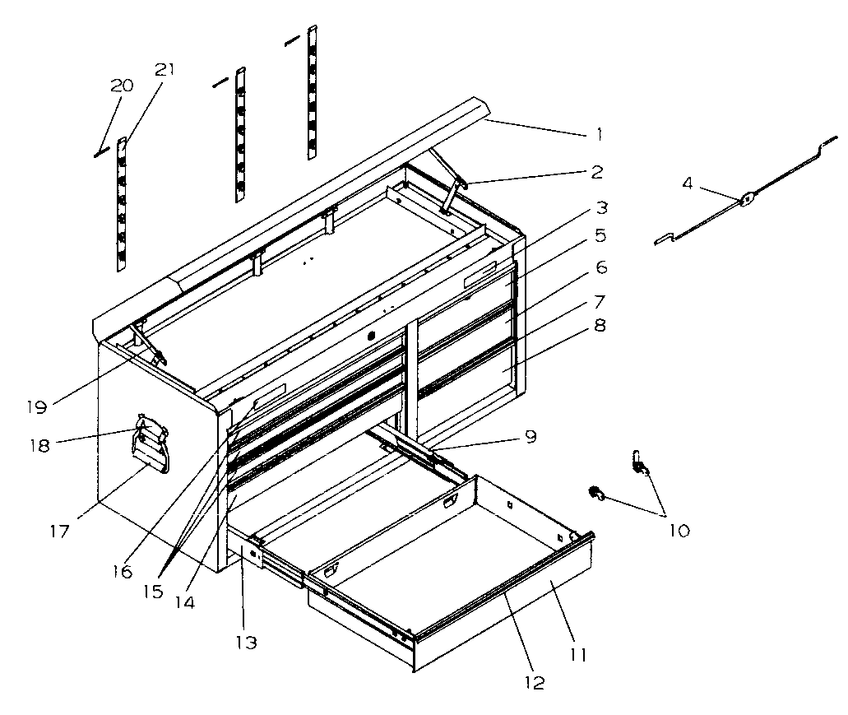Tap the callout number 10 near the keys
point(679,531)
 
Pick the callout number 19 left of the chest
point(35,406)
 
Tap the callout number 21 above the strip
point(165,70)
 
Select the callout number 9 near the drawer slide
point(531,437)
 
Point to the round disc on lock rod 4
point(747,198)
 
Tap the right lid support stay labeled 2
point(452,193)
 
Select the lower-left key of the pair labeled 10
point(595,494)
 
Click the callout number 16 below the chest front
point(123,570)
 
